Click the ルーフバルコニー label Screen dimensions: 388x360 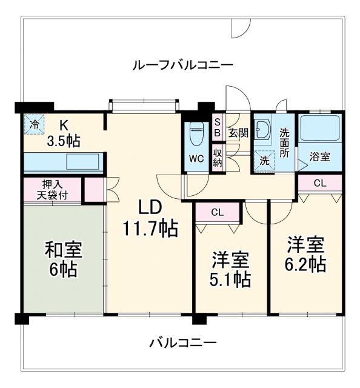183,64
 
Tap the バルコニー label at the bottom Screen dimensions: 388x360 183,343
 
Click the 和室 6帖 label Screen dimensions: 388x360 63,259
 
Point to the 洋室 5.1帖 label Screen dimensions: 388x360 231,269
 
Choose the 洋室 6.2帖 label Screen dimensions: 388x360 306,254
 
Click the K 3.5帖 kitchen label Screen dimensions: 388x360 64,133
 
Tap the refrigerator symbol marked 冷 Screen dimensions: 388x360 34,125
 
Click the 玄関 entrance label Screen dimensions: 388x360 238,133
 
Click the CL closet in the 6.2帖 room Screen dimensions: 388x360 320,182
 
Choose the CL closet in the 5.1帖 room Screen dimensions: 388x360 216,212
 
